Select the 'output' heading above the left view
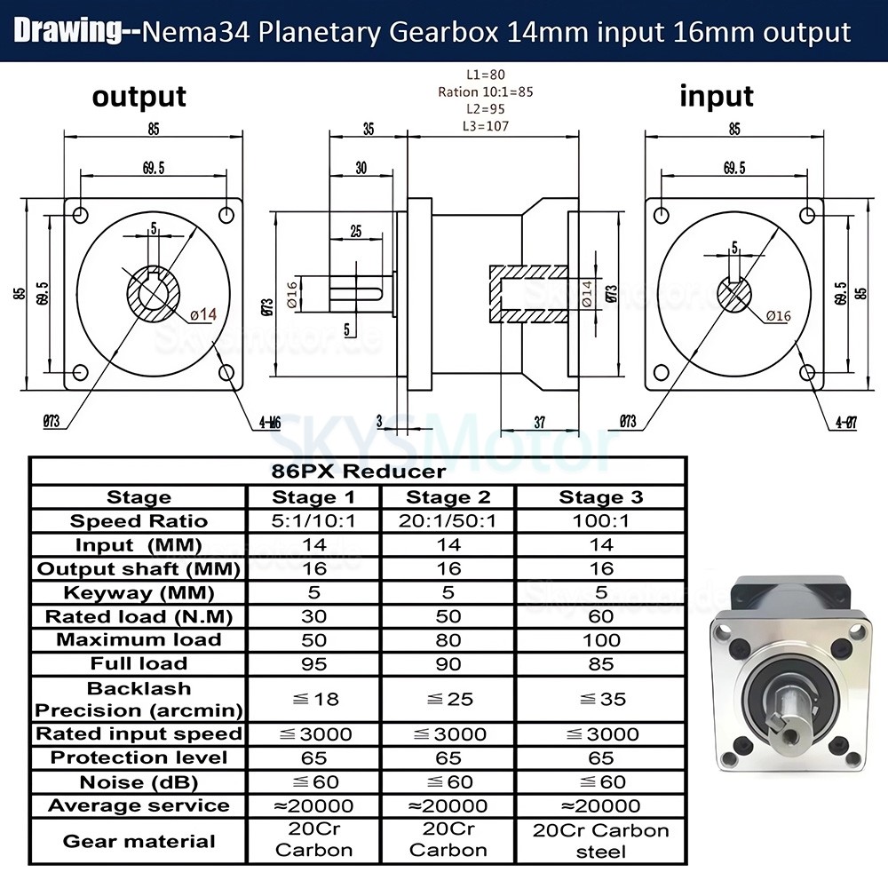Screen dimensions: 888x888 pos(139,96)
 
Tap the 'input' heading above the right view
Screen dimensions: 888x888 pos(716,96)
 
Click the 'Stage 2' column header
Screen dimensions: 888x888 pos(448,497)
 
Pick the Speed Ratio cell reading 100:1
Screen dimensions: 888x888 pos(600,521)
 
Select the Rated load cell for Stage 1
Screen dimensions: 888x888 pos(314,616)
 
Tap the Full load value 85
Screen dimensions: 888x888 pos(600,663)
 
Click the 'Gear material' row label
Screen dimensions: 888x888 pos(139,840)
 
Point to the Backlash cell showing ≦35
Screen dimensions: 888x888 pos(600,699)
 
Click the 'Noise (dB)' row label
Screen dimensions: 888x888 pos(139,782)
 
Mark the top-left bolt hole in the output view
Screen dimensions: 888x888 pos(81,215)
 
